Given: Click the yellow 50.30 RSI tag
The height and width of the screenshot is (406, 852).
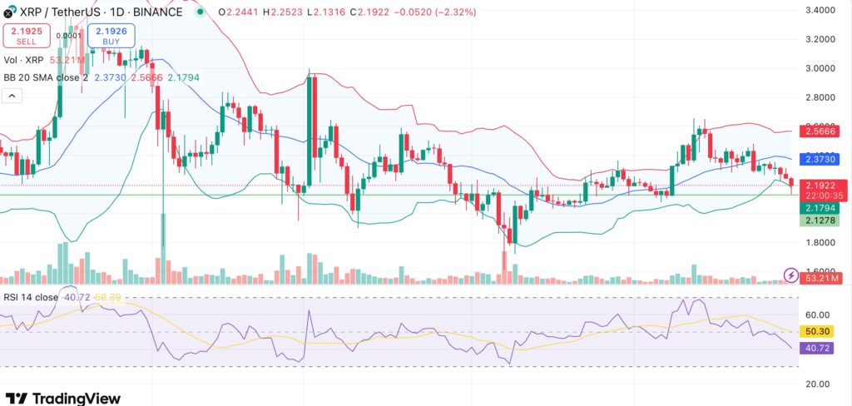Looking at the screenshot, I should point(817,331).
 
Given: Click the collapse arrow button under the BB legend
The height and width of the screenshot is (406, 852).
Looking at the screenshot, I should point(12,96).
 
